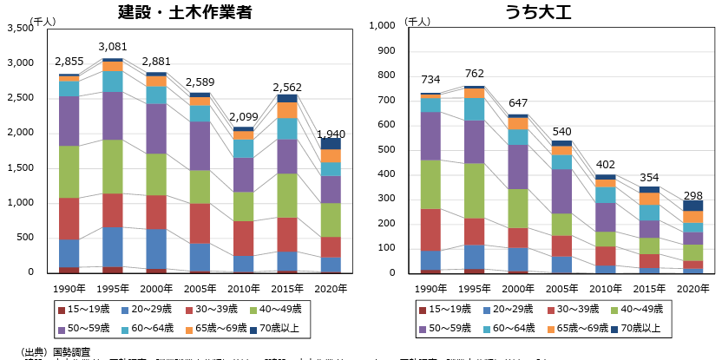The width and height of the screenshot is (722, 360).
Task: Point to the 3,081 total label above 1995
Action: click(113, 46)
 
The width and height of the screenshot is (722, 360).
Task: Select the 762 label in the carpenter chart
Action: click(474, 74)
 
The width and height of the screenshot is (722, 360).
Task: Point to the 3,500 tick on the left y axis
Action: click(18, 29)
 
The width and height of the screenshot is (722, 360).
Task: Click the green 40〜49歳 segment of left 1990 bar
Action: click(69, 172)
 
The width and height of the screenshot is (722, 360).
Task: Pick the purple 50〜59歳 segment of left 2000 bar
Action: click(156, 128)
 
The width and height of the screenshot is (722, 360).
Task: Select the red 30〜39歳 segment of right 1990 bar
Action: click(431, 230)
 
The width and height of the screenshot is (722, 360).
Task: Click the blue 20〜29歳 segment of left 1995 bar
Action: click(113, 246)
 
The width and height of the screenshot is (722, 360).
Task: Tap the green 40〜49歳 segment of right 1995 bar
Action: click(474, 191)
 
